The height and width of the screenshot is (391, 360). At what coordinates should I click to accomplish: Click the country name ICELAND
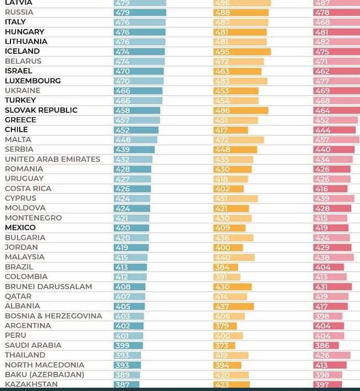22,51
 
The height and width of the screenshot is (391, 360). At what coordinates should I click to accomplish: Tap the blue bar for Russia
140,12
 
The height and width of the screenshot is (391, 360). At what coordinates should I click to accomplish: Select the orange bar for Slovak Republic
241,110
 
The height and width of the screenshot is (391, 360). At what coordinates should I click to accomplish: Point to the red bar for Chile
335,130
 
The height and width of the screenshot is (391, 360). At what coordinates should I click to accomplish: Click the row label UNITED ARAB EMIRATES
53,159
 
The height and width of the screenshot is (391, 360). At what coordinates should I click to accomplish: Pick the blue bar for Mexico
131,228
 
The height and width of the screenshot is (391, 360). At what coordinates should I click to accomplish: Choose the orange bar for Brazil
226,267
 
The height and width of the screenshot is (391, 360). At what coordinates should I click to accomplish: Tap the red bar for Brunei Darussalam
333,287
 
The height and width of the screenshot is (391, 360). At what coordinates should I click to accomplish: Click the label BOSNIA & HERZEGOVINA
53,316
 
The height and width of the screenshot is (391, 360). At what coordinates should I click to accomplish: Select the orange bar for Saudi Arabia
224,345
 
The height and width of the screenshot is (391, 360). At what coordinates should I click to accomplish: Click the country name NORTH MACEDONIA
44,365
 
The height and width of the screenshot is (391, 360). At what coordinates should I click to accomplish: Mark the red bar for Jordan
333,247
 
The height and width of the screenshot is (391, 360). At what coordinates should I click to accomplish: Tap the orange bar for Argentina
225,326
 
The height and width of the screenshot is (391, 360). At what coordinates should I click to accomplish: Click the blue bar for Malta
136,140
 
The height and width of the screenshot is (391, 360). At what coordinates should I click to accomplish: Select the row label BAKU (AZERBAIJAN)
44,375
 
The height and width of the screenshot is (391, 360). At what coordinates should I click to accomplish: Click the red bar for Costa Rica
330,189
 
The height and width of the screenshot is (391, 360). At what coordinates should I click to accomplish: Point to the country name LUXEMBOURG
33,81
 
